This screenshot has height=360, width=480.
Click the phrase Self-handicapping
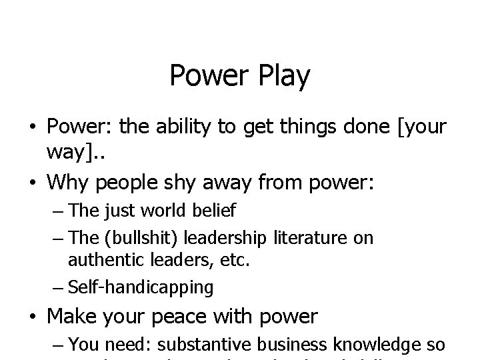(x=141, y=287)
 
